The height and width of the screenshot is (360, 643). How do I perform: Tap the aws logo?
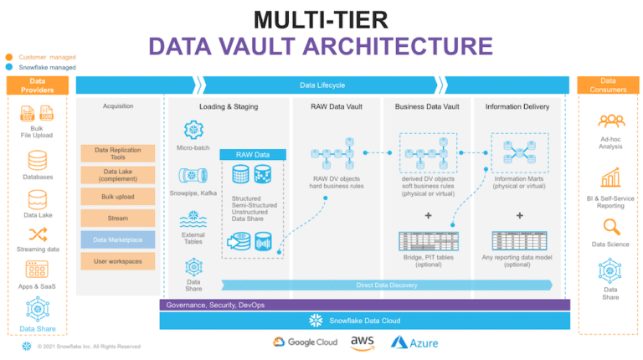coord(363,341)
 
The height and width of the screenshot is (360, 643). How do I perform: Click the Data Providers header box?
coord(37,85)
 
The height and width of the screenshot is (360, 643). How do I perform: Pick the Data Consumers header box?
coord(608,85)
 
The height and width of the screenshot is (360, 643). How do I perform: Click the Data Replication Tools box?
coord(118,154)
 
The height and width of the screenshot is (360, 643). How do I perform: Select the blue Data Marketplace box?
coord(118,240)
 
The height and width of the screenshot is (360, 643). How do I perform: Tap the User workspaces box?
coord(118,262)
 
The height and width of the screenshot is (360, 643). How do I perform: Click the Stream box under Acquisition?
coord(118,218)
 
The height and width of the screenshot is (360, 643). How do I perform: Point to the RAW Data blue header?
coord(253,155)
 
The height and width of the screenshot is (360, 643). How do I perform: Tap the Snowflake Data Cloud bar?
coord(364,321)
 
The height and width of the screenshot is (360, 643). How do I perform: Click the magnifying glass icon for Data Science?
coord(611,227)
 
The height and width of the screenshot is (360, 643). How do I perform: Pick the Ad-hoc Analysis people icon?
coord(611,122)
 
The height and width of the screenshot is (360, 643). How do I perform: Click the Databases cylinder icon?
coord(37,160)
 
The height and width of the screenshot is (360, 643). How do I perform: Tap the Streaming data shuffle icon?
coord(37,234)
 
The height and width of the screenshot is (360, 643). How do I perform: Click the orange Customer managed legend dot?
coord(8,57)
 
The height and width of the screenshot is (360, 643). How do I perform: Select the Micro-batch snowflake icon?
coord(194,130)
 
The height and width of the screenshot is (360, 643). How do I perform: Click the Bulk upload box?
coord(118,197)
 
